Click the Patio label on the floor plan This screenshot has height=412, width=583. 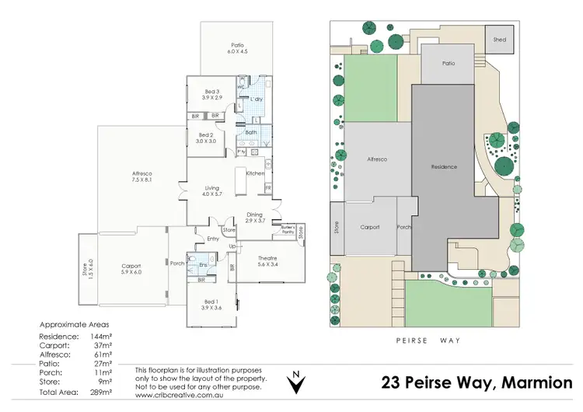(237, 45)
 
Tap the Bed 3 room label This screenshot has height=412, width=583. (211, 92)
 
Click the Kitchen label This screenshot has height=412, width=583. (256, 173)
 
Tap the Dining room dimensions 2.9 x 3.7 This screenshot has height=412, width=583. (255, 222)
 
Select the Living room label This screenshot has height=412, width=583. (212, 188)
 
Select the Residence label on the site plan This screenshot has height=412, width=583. (445, 167)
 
